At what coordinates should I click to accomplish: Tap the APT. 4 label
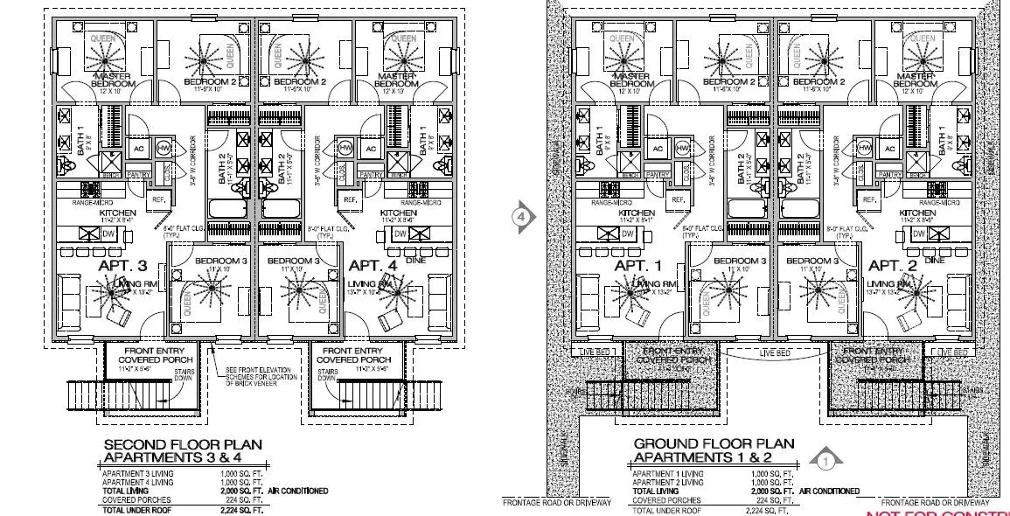[x=373, y=265]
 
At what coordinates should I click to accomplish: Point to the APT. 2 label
[x=890, y=265]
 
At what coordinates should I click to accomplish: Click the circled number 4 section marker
[x=522, y=216]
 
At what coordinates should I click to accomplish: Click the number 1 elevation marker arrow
[x=825, y=458]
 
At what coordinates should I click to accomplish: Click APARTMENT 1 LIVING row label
[x=666, y=473]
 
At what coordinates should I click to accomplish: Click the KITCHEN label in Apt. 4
[x=398, y=213]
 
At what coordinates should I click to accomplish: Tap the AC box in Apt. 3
[x=138, y=148]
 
